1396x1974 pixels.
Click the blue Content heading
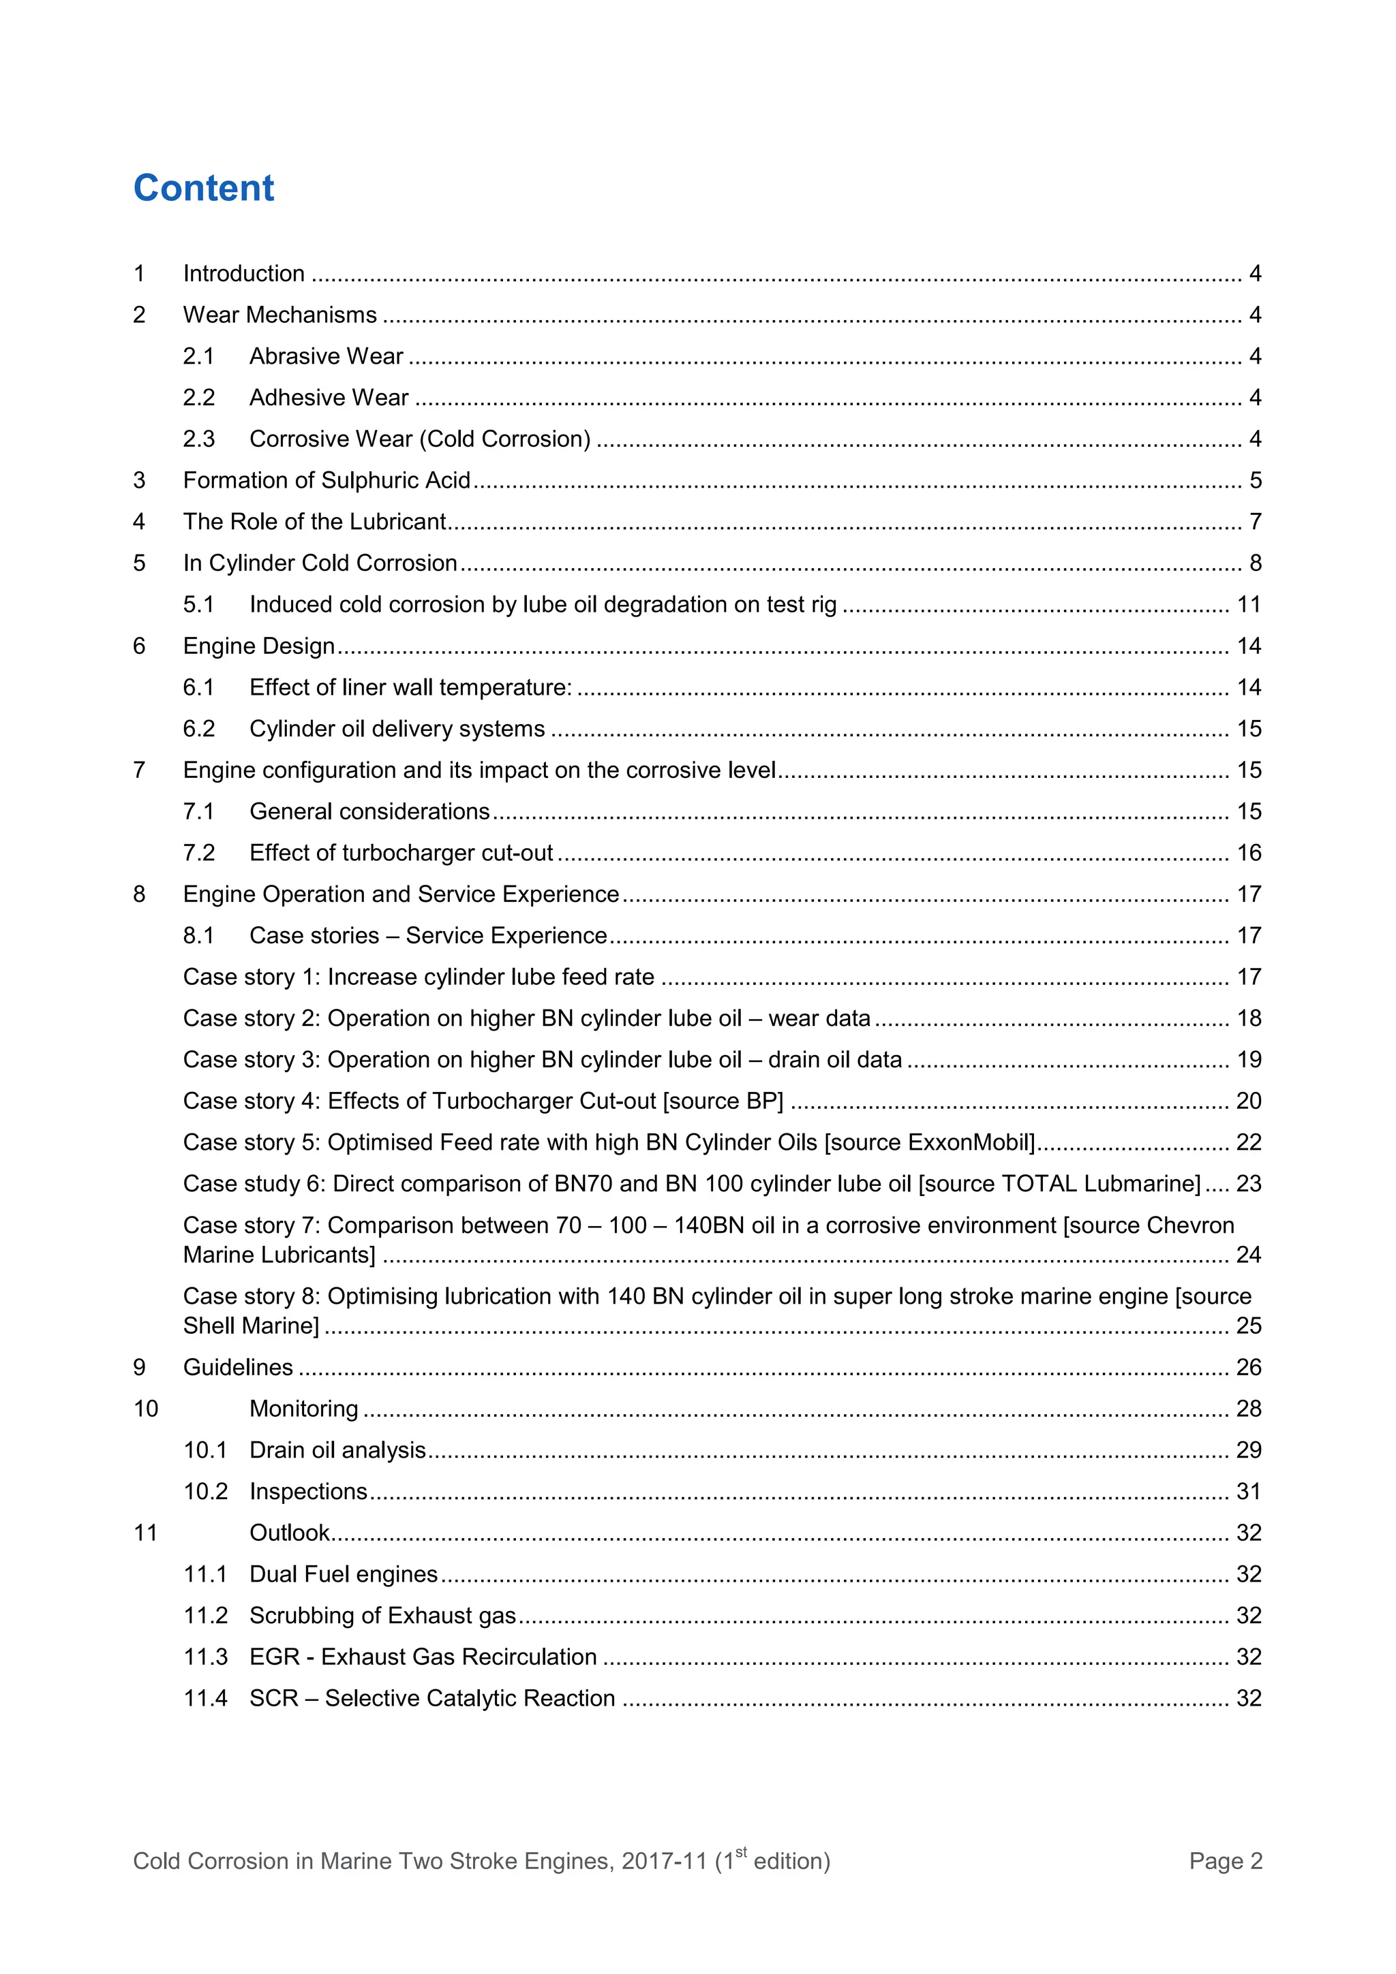(204, 188)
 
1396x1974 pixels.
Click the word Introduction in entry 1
(243, 273)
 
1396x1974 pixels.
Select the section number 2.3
(198, 439)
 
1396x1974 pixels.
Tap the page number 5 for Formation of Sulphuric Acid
(1255, 481)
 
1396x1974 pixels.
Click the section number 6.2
(198, 729)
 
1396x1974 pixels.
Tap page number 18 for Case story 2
(1248, 1019)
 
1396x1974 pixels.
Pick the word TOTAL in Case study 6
(1044, 1184)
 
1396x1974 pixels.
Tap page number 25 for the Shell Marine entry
(1248, 1326)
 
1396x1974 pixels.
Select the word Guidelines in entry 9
(239, 1367)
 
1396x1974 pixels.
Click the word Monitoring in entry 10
(303, 1408)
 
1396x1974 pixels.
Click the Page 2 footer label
(1225, 1862)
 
